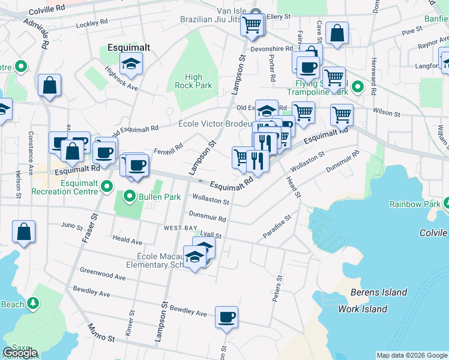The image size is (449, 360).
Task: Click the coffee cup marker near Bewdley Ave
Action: point(226,317)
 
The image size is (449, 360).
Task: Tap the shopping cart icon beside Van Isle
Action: point(252,25)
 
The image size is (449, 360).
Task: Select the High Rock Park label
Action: point(193,81)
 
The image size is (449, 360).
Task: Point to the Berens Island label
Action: point(379,293)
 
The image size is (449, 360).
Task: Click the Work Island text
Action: point(363,309)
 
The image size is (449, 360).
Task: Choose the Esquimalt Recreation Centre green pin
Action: point(107,187)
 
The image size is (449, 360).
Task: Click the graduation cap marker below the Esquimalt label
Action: point(130,63)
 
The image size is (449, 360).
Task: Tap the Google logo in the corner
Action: point(20,353)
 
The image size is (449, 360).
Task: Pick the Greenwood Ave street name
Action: point(102,274)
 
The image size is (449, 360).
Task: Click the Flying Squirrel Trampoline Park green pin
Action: point(357,88)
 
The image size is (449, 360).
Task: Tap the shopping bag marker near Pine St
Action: point(337,34)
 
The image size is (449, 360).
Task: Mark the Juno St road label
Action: point(71,226)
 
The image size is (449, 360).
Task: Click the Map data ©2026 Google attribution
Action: point(411,355)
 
